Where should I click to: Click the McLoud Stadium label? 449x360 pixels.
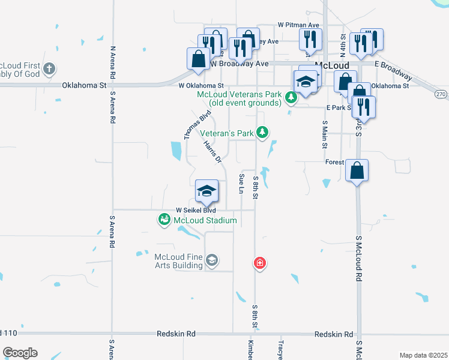click(x=205, y=220)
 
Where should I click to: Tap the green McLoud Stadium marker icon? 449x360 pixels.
click(x=164, y=220)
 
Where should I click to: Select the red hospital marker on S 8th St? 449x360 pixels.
click(x=260, y=263)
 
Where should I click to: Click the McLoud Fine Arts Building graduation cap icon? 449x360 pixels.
click(x=211, y=260)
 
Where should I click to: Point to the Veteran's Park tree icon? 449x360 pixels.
click(x=262, y=132)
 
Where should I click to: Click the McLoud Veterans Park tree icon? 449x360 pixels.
click(x=291, y=97)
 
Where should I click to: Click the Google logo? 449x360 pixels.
click(x=20, y=353)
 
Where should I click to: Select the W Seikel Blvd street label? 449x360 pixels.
click(x=195, y=211)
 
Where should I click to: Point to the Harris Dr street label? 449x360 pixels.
click(x=212, y=152)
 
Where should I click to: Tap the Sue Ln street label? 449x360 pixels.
click(x=242, y=184)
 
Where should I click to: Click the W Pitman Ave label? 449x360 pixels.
click(x=298, y=25)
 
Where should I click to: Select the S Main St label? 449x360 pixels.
click(x=325, y=134)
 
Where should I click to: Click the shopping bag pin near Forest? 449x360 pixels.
click(x=357, y=170)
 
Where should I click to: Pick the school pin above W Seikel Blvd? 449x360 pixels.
click(x=206, y=191)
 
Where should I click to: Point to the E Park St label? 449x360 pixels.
click(x=337, y=107)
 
